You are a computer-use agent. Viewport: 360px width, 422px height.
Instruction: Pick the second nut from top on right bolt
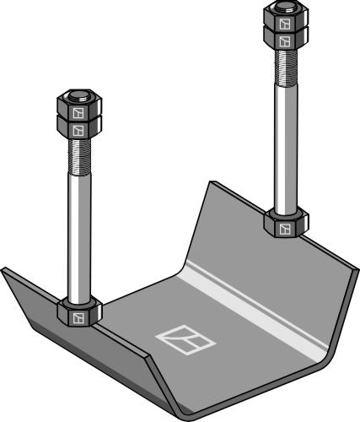tap(285, 37)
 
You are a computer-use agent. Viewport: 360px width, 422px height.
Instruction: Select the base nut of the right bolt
tap(286, 225)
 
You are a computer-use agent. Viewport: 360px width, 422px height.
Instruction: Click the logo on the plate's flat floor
tap(185, 338)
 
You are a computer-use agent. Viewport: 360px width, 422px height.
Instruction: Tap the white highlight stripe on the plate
tap(253, 308)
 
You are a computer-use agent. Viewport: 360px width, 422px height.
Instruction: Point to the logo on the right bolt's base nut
tap(287, 229)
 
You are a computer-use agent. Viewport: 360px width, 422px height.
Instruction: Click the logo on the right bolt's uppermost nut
tap(287, 21)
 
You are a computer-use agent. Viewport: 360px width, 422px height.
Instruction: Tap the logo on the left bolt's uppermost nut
tap(78, 111)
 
